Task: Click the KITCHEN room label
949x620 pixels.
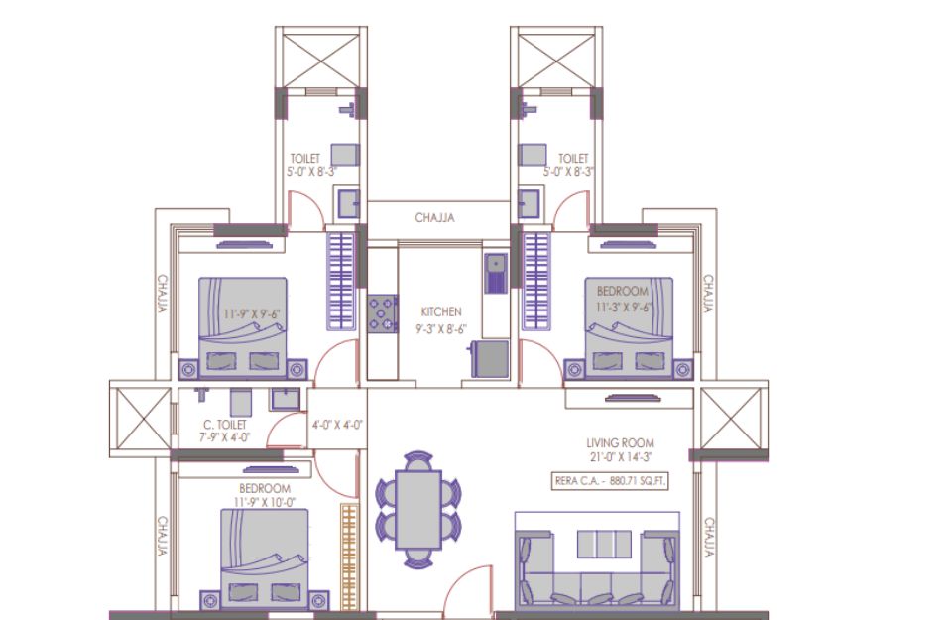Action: click(x=441, y=311)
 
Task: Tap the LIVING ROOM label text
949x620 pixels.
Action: click(x=620, y=443)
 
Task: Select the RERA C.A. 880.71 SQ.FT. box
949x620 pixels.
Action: click(x=610, y=481)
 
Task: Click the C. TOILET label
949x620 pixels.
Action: click(x=224, y=425)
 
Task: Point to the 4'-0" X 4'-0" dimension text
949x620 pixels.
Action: click(x=337, y=425)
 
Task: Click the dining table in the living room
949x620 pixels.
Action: click(x=417, y=510)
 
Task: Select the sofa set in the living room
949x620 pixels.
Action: click(x=597, y=569)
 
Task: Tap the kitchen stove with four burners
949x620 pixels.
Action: click(x=383, y=313)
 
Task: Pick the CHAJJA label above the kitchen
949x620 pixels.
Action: click(x=434, y=218)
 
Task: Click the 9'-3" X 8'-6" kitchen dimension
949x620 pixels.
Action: click(x=441, y=330)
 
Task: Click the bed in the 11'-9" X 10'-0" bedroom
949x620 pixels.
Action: click(x=265, y=558)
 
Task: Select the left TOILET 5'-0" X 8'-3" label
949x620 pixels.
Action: click(x=311, y=165)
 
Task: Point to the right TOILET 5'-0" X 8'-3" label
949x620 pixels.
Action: click(x=567, y=165)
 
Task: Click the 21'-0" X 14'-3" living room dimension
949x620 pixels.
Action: click(x=620, y=458)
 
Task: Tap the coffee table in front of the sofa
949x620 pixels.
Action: click(x=604, y=545)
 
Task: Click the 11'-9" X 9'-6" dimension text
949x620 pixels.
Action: click(x=252, y=314)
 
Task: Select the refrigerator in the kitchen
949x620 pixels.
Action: click(x=489, y=359)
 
